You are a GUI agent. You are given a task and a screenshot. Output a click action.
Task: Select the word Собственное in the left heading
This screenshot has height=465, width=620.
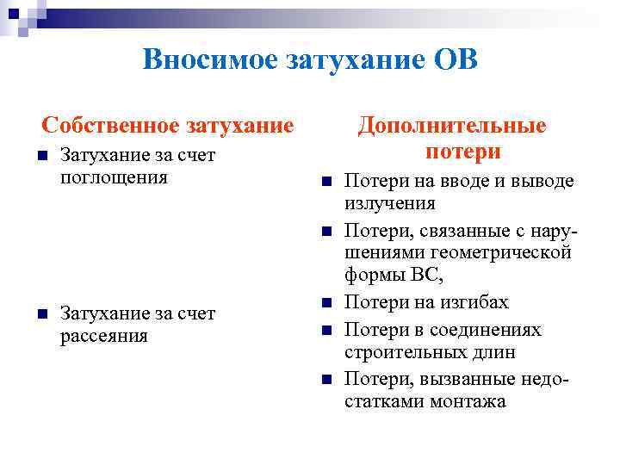tap(108, 126)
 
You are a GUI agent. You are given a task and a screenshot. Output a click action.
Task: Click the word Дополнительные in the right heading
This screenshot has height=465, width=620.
tap(452, 126)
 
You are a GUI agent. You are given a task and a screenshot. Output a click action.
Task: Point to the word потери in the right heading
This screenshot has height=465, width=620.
tap(462, 152)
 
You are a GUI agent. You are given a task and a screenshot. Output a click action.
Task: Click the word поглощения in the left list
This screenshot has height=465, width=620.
tap(115, 177)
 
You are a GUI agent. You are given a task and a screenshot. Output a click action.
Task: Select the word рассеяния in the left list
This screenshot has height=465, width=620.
tap(104, 335)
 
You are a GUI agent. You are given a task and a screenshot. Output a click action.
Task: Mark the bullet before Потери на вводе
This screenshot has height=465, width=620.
tap(325, 182)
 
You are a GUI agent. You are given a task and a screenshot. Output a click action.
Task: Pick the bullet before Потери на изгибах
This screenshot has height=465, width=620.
tap(325, 302)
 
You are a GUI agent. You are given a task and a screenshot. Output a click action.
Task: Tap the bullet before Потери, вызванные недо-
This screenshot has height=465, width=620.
tap(325, 380)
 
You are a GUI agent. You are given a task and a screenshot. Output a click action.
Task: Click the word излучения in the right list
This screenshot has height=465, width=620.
tap(389, 204)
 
